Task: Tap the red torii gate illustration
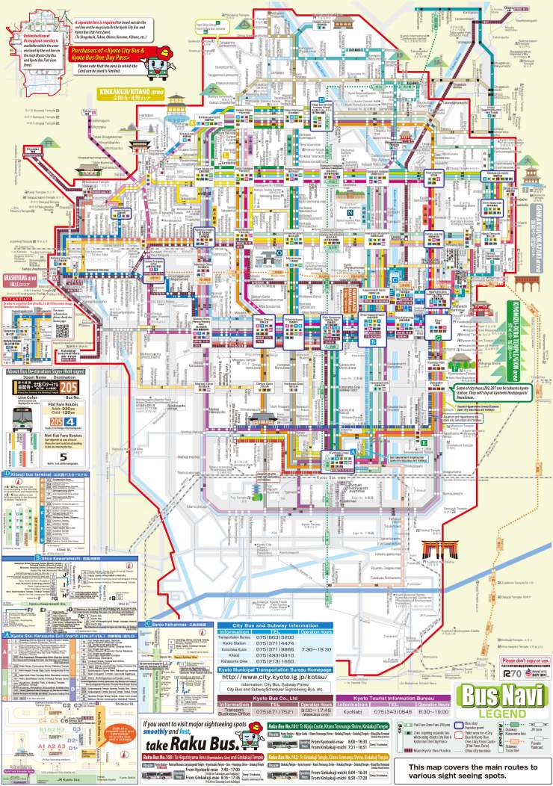437,551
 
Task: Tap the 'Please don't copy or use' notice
525,661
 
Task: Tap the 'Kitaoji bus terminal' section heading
43,474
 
